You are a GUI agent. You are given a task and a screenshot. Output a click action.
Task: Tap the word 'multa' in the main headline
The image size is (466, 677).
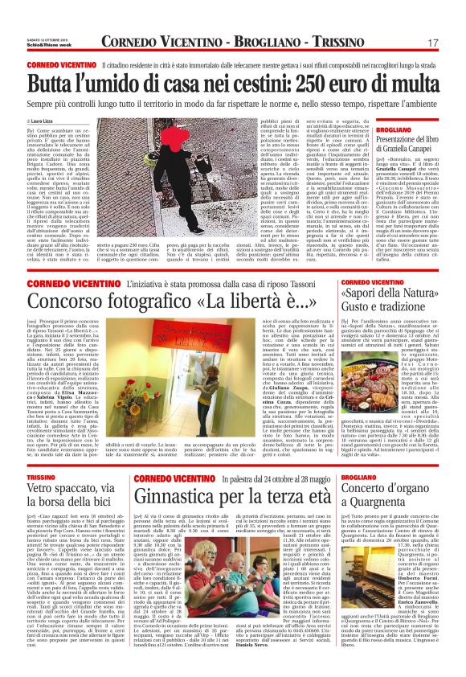[x=410, y=82]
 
